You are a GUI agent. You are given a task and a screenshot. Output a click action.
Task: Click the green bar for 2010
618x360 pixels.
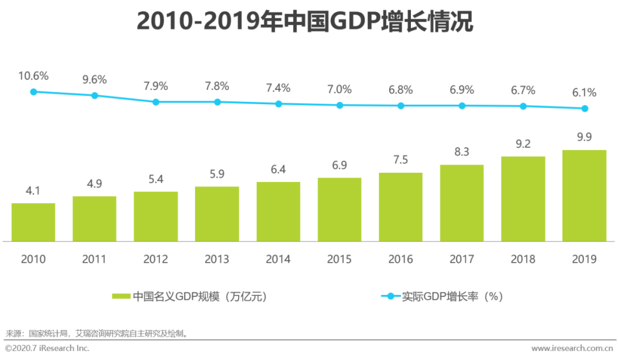click(33, 222)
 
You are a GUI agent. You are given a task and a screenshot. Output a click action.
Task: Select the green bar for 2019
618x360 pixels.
click(584, 196)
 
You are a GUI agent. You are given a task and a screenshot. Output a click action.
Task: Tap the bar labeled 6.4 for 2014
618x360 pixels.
click(278, 211)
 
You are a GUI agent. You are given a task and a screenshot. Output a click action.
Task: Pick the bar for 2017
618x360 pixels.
click(462, 203)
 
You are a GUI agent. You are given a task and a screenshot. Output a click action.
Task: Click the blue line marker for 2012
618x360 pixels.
click(156, 102)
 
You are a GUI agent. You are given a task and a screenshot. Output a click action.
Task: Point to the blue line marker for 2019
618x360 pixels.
click(584, 109)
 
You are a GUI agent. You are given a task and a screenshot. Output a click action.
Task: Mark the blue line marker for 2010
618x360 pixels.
click(33, 92)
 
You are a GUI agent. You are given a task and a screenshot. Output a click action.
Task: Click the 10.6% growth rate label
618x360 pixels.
click(33, 76)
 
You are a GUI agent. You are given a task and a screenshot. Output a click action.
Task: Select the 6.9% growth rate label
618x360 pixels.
click(462, 90)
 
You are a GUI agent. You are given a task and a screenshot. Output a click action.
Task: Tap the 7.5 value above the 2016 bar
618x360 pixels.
click(401, 160)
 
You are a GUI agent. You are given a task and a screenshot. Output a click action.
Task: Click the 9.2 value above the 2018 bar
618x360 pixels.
click(523, 144)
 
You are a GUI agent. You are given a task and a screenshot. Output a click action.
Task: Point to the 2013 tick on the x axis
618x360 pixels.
click(217, 259)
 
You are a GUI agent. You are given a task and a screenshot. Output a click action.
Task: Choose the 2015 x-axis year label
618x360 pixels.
click(339, 259)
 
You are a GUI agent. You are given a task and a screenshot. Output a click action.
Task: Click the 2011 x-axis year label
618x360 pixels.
click(94, 259)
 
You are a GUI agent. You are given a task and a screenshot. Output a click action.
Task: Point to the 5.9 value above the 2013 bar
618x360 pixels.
click(217, 173)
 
